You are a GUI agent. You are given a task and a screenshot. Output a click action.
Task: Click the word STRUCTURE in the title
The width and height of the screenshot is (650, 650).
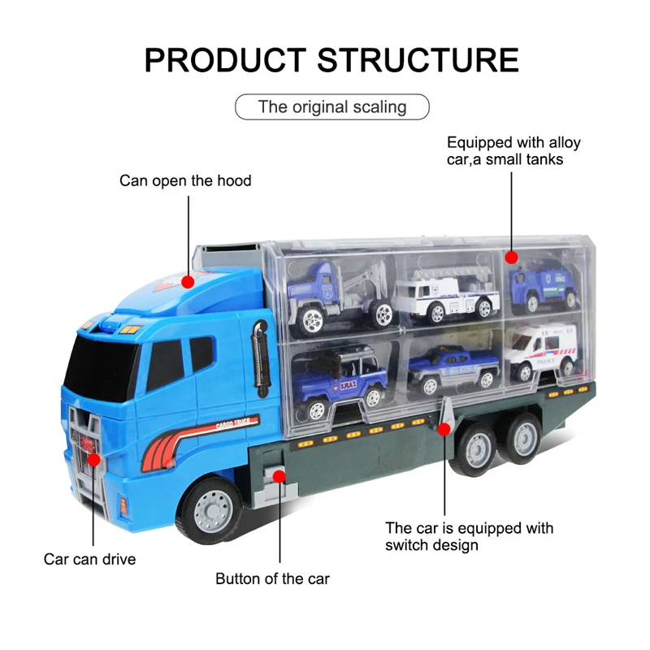click(418, 60)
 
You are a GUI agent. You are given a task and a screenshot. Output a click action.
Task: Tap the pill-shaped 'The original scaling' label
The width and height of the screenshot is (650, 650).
click(332, 107)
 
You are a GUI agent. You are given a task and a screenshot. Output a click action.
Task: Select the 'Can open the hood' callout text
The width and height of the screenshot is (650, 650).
click(185, 180)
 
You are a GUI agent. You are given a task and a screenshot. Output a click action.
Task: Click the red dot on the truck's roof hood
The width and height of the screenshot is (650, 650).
click(188, 282)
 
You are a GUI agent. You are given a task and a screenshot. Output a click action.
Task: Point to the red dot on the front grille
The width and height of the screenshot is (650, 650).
click(93, 459)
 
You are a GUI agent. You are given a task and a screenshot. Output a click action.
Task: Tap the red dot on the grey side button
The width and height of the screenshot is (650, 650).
click(279, 477)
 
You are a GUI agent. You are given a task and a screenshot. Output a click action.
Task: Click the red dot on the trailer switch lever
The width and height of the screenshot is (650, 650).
click(444, 429)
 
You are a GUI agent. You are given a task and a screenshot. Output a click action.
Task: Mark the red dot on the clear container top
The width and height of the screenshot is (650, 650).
click(512, 258)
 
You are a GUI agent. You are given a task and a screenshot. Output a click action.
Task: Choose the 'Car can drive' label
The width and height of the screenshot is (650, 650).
click(90, 559)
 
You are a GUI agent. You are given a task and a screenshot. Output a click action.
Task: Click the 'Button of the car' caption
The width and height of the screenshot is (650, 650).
click(272, 578)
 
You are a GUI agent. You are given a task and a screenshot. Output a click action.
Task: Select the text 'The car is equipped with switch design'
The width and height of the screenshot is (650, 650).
click(470, 536)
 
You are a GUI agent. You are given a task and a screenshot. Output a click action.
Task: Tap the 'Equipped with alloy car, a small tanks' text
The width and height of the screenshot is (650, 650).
click(513, 151)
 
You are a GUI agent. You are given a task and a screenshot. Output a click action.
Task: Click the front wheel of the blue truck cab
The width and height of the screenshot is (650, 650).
click(209, 509)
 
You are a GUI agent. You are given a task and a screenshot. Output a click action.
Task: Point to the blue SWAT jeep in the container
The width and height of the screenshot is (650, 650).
click(340, 381)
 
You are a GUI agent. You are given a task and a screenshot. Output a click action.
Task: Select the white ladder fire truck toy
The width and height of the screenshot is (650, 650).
click(447, 295)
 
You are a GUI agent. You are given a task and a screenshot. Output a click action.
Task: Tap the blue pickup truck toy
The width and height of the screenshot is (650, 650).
click(453, 370)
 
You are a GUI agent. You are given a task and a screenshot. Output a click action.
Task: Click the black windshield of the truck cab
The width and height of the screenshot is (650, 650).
click(102, 368)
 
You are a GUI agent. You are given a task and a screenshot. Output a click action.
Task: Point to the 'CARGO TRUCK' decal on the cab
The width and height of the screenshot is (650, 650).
click(233, 423)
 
